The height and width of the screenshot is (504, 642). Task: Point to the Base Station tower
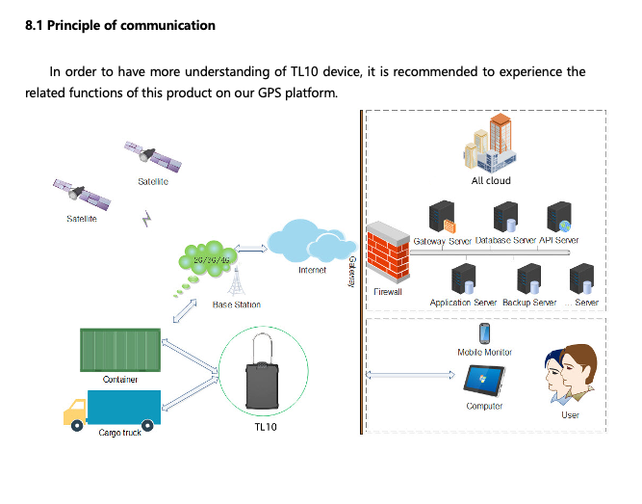click(236, 283)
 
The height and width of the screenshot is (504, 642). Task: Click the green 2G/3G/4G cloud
click(210, 259)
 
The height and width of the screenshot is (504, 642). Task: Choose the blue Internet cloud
click(311, 241)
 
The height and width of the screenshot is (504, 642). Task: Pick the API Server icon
click(558, 217)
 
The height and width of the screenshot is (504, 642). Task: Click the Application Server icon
click(464, 279)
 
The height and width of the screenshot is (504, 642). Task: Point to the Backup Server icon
click(528, 279)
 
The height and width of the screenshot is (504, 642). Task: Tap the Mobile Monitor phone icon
click(485, 333)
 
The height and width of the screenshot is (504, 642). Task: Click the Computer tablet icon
click(483, 385)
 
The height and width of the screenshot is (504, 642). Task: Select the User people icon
click(570, 377)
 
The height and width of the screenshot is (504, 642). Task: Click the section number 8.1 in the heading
click(35, 25)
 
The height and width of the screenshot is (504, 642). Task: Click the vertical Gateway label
click(351, 272)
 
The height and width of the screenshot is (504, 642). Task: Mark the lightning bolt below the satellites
click(146, 220)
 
